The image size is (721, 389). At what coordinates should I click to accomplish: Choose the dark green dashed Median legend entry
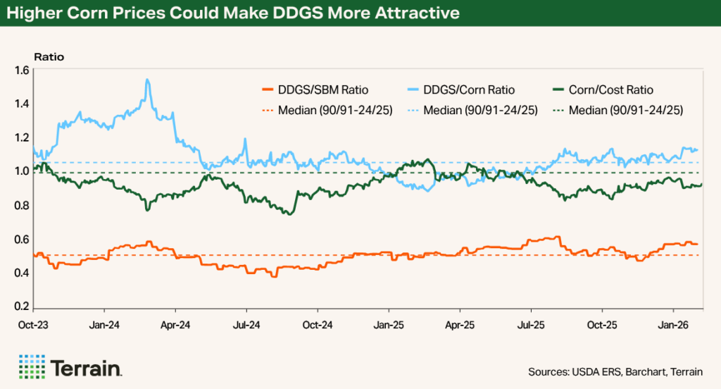pyautogui.click(x=620, y=110)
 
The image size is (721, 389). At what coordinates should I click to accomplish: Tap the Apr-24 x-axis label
pyautogui.click(x=175, y=326)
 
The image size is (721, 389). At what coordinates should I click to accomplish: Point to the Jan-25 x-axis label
pyautogui.click(x=388, y=326)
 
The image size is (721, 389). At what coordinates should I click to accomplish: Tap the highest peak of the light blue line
pyautogui.click(x=146, y=80)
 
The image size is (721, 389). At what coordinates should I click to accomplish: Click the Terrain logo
pyautogui.click(x=70, y=367)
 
